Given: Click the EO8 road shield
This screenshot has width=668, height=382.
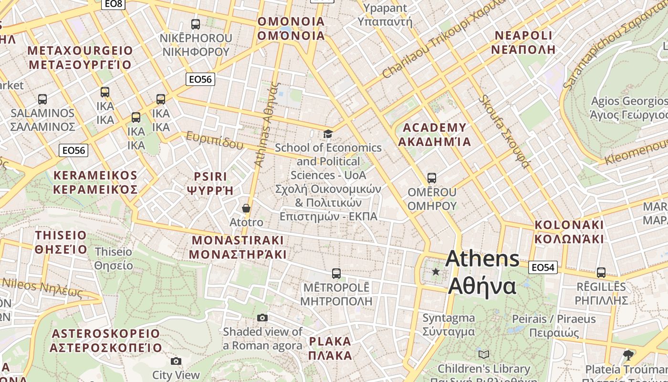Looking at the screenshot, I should (114, 4).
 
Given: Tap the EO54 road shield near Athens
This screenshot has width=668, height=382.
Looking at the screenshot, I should (543, 267).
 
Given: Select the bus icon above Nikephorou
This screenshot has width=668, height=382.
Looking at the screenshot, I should (195, 24).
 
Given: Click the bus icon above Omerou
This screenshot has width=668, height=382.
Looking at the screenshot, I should (432, 178).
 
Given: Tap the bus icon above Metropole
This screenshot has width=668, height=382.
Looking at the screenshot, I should (336, 274).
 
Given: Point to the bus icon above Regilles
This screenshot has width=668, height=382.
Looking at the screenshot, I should (601, 273).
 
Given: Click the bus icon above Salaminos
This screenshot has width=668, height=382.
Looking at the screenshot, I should (42, 99).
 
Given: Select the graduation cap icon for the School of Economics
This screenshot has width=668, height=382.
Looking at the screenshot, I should (328, 134).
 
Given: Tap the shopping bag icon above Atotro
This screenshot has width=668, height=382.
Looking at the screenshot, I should (246, 208).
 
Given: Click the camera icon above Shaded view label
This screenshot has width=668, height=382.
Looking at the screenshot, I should (262, 318).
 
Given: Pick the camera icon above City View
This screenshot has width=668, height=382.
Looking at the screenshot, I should (176, 361).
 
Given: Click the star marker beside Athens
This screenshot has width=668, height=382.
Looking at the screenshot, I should (436, 272).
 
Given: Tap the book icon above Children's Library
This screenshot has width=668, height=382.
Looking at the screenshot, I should (484, 354).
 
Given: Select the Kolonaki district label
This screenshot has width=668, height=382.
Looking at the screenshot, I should (569, 232).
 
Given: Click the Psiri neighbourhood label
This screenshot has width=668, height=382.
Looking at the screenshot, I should (210, 183).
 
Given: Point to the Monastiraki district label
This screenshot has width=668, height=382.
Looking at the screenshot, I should (237, 247).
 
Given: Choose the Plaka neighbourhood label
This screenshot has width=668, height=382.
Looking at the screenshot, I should (330, 349).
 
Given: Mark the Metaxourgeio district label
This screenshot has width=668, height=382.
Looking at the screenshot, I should (80, 57).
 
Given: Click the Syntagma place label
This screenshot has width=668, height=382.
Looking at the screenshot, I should (449, 325).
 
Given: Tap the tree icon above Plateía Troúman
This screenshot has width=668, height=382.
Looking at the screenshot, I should (628, 355).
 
